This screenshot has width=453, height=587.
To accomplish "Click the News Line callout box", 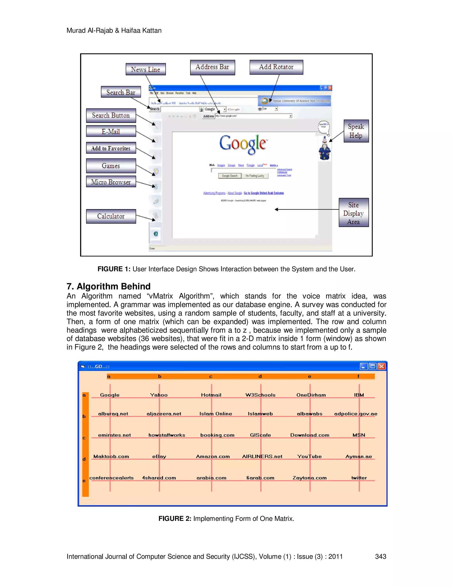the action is [x=146, y=69].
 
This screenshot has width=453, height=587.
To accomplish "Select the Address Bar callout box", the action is [x=212, y=67].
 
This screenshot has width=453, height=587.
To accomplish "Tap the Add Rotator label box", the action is [x=276, y=67].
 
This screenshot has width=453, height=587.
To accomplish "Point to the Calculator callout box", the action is [x=111, y=216].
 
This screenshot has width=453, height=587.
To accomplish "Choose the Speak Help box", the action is [x=356, y=131].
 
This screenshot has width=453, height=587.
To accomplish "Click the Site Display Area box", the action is [x=353, y=213].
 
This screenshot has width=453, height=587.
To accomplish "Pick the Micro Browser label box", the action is [x=111, y=182].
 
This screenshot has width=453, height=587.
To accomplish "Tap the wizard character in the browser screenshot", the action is [x=324, y=148].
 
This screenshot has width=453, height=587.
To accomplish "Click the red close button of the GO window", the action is [x=381, y=366].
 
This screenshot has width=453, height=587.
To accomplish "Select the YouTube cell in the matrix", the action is [x=309, y=456].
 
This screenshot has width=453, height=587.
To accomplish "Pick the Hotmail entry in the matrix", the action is [x=211, y=395].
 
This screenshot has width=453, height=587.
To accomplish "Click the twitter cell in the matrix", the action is [x=359, y=478].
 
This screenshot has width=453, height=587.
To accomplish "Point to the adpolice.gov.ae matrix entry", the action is [x=356, y=414].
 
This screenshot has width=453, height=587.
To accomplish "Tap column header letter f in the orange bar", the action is [x=358, y=376].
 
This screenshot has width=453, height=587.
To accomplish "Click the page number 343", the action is [x=380, y=556].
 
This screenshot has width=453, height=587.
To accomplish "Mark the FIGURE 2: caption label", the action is [x=175, y=519].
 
